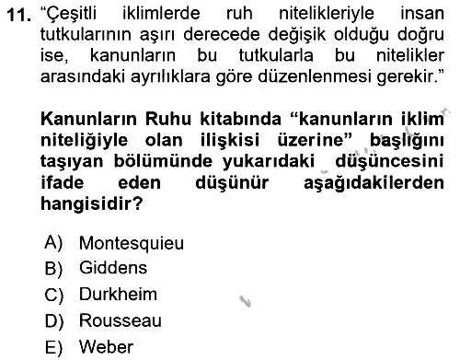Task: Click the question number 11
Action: tap(18, 15)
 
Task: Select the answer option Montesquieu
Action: tap(132, 244)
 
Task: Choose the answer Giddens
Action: tap(113, 268)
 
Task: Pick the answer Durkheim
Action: tap(118, 294)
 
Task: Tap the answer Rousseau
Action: tap(121, 320)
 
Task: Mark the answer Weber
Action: tap(106, 347)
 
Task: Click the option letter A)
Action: tap(53, 243)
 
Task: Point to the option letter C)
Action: tap(53, 295)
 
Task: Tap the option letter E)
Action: tap(53, 348)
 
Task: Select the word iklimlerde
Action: tap(161, 14)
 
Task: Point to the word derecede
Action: tap(221, 34)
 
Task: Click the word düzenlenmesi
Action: tap(314, 76)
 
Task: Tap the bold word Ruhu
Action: tap(168, 119)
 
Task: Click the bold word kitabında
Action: tap(240, 119)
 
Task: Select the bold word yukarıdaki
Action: tap(269, 162)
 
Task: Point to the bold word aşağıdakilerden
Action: tap(374, 183)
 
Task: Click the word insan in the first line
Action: tap(422, 14)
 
